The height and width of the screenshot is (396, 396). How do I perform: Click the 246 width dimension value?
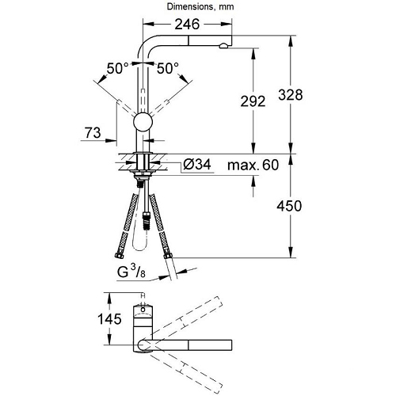[x=187, y=25]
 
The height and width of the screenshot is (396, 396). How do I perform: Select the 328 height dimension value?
[x=290, y=95]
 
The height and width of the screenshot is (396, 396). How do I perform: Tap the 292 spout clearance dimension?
[x=253, y=101]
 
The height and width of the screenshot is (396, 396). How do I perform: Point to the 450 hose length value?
[x=289, y=206]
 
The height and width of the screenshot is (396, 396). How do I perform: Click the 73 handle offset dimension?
[x=93, y=132]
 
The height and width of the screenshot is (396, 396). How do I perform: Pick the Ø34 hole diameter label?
[x=197, y=165]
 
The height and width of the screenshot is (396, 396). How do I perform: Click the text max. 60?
[x=253, y=165]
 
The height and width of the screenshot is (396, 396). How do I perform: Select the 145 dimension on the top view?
[x=109, y=319]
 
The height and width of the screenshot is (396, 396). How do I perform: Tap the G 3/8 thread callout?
[x=131, y=271]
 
